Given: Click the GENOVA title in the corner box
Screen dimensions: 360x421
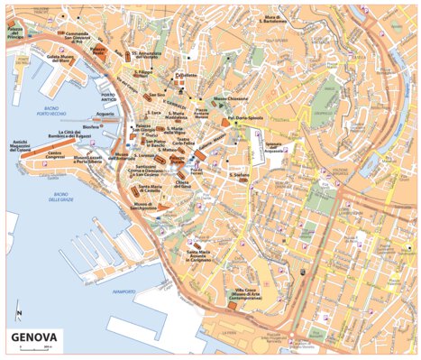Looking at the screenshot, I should point(34,340).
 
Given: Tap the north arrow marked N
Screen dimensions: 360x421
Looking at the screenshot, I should point(18,315).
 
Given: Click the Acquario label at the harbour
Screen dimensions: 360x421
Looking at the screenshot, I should point(105,115).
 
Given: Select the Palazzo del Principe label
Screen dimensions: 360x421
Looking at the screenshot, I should point(15,32).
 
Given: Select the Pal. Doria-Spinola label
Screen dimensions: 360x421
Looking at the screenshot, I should point(243,117).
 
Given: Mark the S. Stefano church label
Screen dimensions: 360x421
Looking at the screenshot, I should point(239,175).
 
